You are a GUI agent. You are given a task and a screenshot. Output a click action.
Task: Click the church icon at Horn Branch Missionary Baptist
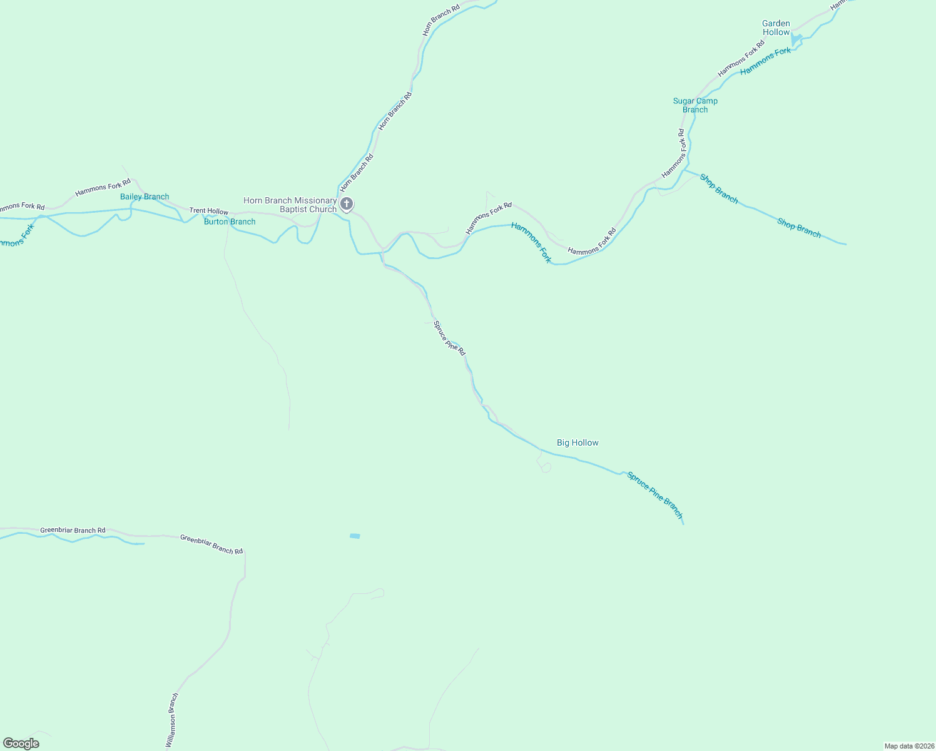tap(346, 204)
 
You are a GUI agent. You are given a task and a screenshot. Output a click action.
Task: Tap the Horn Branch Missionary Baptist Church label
tap(290, 205)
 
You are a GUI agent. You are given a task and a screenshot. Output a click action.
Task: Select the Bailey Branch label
tap(145, 197)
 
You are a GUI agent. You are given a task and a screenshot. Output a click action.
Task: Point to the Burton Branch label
tap(230, 222)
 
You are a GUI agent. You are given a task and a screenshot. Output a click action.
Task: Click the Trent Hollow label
tap(209, 212)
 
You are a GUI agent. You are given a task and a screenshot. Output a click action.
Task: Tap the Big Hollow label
tap(577, 442)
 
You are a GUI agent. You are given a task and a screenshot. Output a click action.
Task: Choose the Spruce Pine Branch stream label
tap(654, 495)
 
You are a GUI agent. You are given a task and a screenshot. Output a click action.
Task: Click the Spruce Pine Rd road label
tap(450, 339)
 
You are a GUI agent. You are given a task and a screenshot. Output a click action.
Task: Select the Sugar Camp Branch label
tap(695, 105)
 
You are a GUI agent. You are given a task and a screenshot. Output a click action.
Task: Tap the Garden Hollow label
tap(776, 28)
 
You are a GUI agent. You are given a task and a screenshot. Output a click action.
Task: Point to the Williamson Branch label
tap(172, 720)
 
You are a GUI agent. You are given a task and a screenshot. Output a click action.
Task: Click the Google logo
tap(21, 743)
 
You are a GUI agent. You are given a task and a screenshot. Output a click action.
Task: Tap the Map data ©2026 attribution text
tap(908, 746)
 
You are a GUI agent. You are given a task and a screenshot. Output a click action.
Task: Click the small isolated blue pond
tap(355, 536)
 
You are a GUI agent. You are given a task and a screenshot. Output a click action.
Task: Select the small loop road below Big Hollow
tap(546, 467)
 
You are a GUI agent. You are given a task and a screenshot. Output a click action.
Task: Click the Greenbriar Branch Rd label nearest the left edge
tap(73, 530)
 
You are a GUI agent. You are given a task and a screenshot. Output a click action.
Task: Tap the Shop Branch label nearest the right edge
tap(799, 227)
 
